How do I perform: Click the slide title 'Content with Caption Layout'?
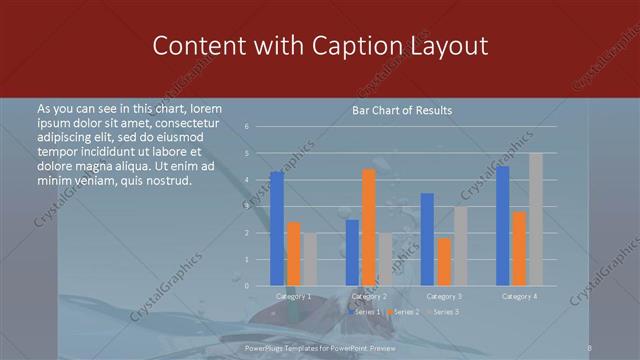pos(320,46)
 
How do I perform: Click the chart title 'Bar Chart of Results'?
pos(402,110)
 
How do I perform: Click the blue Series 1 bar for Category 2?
pos(352,252)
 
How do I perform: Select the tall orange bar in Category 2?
pos(368,227)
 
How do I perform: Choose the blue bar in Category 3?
pos(427,239)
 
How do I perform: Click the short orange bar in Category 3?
pos(443,261)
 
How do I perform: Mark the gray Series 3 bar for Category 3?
pos(460,246)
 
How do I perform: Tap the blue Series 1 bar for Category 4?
pos(502,226)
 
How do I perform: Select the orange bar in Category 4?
pos(518,248)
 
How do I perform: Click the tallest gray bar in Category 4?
pos(535,219)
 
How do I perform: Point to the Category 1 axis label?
pos(293,296)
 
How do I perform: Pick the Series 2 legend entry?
pos(402,313)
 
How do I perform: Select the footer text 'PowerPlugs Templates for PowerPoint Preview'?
pos(320,349)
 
